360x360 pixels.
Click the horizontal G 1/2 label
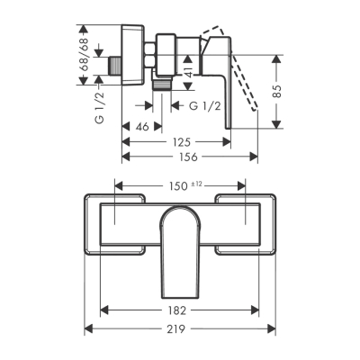pyautogui.click(x=207, y=106)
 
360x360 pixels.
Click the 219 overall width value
pyautogui.click(x=176, y=329)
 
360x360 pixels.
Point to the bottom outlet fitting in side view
pyautogui.click(x=163, y=86)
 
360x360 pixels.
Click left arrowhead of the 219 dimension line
pyautogui.click(x=89, y=329)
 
